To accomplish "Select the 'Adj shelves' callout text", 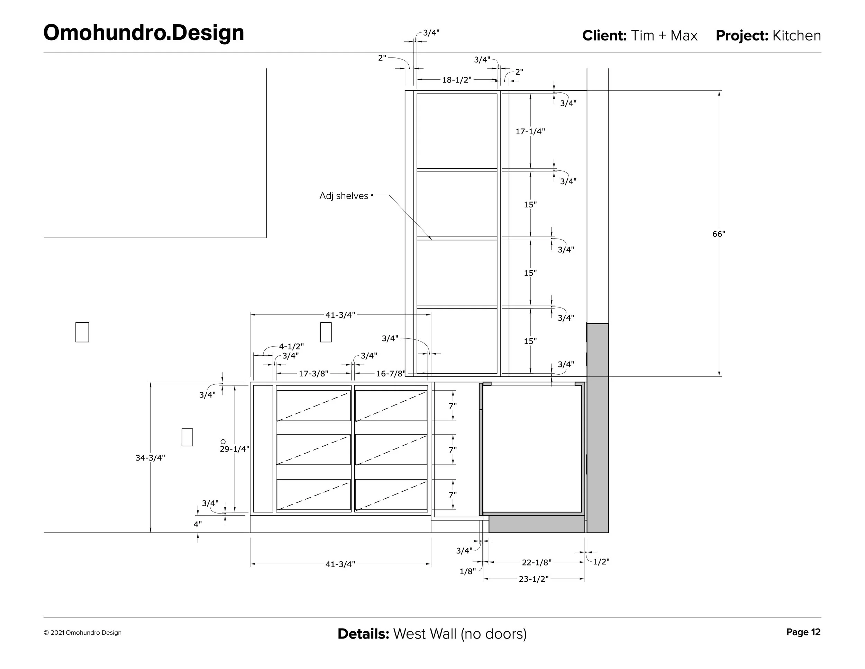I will click(344, 196).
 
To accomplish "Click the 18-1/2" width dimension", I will click(457, 80).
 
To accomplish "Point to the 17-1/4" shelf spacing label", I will click(530, 132).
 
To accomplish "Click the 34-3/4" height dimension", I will click(150, 458).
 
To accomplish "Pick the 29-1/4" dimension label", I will click(235, 449).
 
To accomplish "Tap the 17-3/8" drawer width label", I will click(313, 373).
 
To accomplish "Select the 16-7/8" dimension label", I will click(391, 373).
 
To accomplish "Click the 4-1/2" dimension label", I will click(291, 346).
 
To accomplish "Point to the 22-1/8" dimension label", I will click(537, 562).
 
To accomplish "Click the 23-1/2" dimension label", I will click(534, 579).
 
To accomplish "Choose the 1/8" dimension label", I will click(467, 571).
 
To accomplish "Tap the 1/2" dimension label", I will click(601, 562).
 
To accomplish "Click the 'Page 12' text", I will click(803, 632).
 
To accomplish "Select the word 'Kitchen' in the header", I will click(796, 36).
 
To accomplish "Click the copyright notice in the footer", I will click(82, 633).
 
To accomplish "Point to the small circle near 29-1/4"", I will click(223, 441).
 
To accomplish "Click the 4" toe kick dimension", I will click(197, 524).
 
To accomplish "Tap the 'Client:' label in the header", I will click(604, 36).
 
